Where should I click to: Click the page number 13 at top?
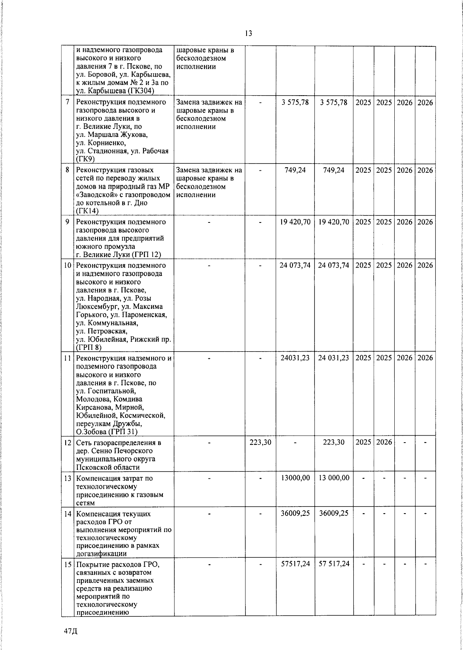click(x=248, y=34)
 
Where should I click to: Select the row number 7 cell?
click(x=68, y=103)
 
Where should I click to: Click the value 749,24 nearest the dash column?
click(x=295, y=170)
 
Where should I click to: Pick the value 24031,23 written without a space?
click(x=295, y=358)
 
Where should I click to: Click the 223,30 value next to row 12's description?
click(x=260, y=442)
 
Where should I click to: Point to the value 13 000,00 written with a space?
click(x=334, y=478)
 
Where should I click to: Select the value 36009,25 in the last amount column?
click(x=334, y=514)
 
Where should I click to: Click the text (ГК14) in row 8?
click(x=88, y=211)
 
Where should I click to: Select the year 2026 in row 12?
click(x=384, y=442)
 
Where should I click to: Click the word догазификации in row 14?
click(x=102, y=554)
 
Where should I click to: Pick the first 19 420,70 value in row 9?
click(x=295, y=222)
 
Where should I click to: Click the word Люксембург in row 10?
click(x=98, y=307)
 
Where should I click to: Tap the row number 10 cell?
click(x=68, y=266)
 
